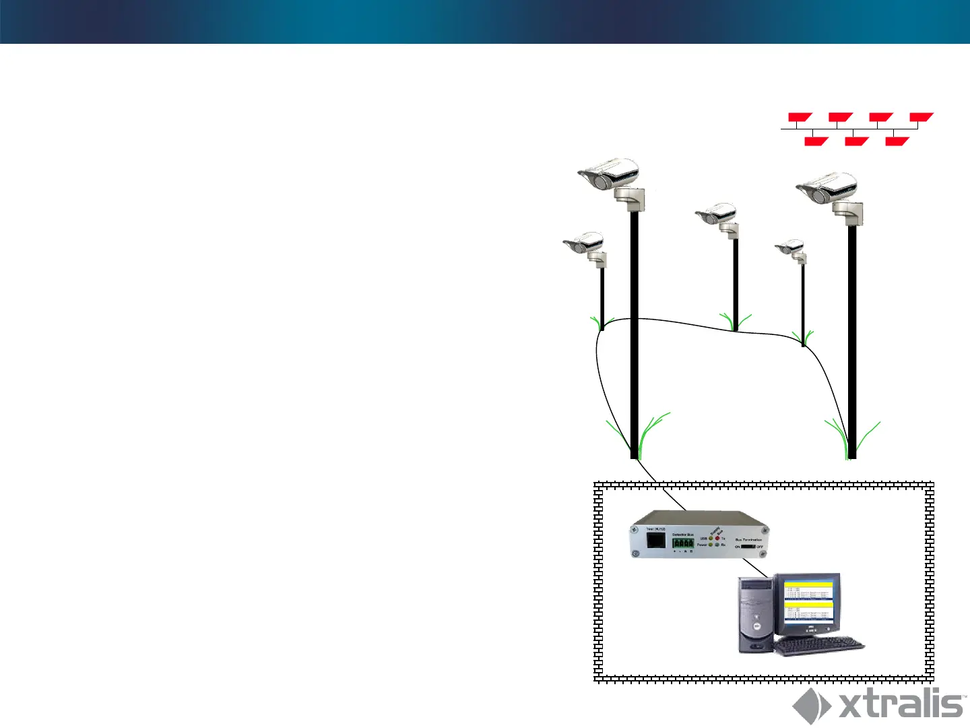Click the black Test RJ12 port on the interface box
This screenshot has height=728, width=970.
(655, 540)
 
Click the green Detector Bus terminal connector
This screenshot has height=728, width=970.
(682, 543)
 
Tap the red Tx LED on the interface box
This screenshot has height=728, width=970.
(717, 539)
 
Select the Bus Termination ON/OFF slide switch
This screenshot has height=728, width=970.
(748, 547)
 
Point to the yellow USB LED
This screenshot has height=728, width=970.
(711, 539)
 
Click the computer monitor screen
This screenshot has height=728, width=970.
(808, 602)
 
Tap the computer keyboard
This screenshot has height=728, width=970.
(818, 646)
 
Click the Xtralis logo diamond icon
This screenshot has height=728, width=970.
(811, 706)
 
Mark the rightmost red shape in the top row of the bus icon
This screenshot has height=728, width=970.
(921, 117)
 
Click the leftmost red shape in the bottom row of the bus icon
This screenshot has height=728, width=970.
(816, 141)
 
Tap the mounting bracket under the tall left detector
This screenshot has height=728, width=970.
(630, 198)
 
